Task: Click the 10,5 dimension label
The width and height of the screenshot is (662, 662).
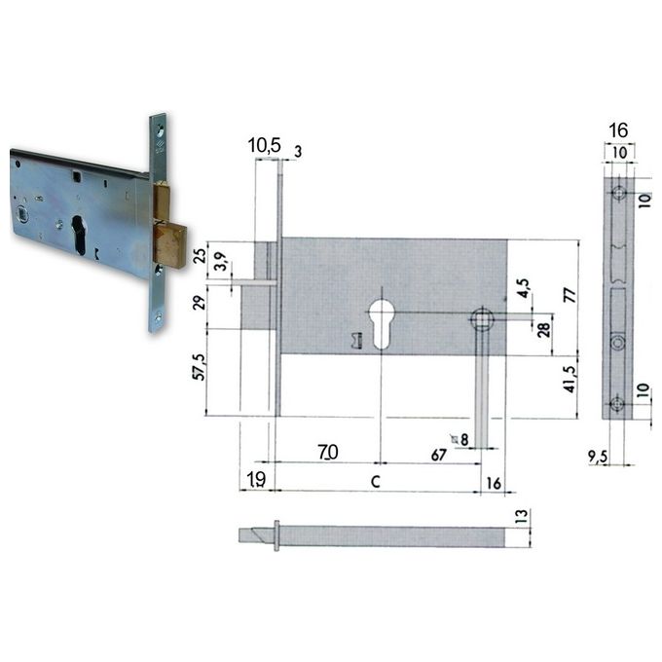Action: coord(264,145)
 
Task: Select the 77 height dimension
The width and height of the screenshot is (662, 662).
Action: coord(570,294)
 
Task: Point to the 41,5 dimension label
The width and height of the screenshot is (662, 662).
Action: coord(570,380)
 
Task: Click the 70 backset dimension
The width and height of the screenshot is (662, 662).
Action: coord(328,452)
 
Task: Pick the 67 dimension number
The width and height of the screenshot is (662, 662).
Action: coord(439,455)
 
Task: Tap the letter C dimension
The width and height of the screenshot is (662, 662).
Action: coord(376,481)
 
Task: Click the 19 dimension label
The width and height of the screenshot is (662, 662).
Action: coord(256,480)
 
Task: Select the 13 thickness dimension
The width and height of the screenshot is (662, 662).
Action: coord(522,516)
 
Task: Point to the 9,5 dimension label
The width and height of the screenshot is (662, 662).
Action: coord(598,456)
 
